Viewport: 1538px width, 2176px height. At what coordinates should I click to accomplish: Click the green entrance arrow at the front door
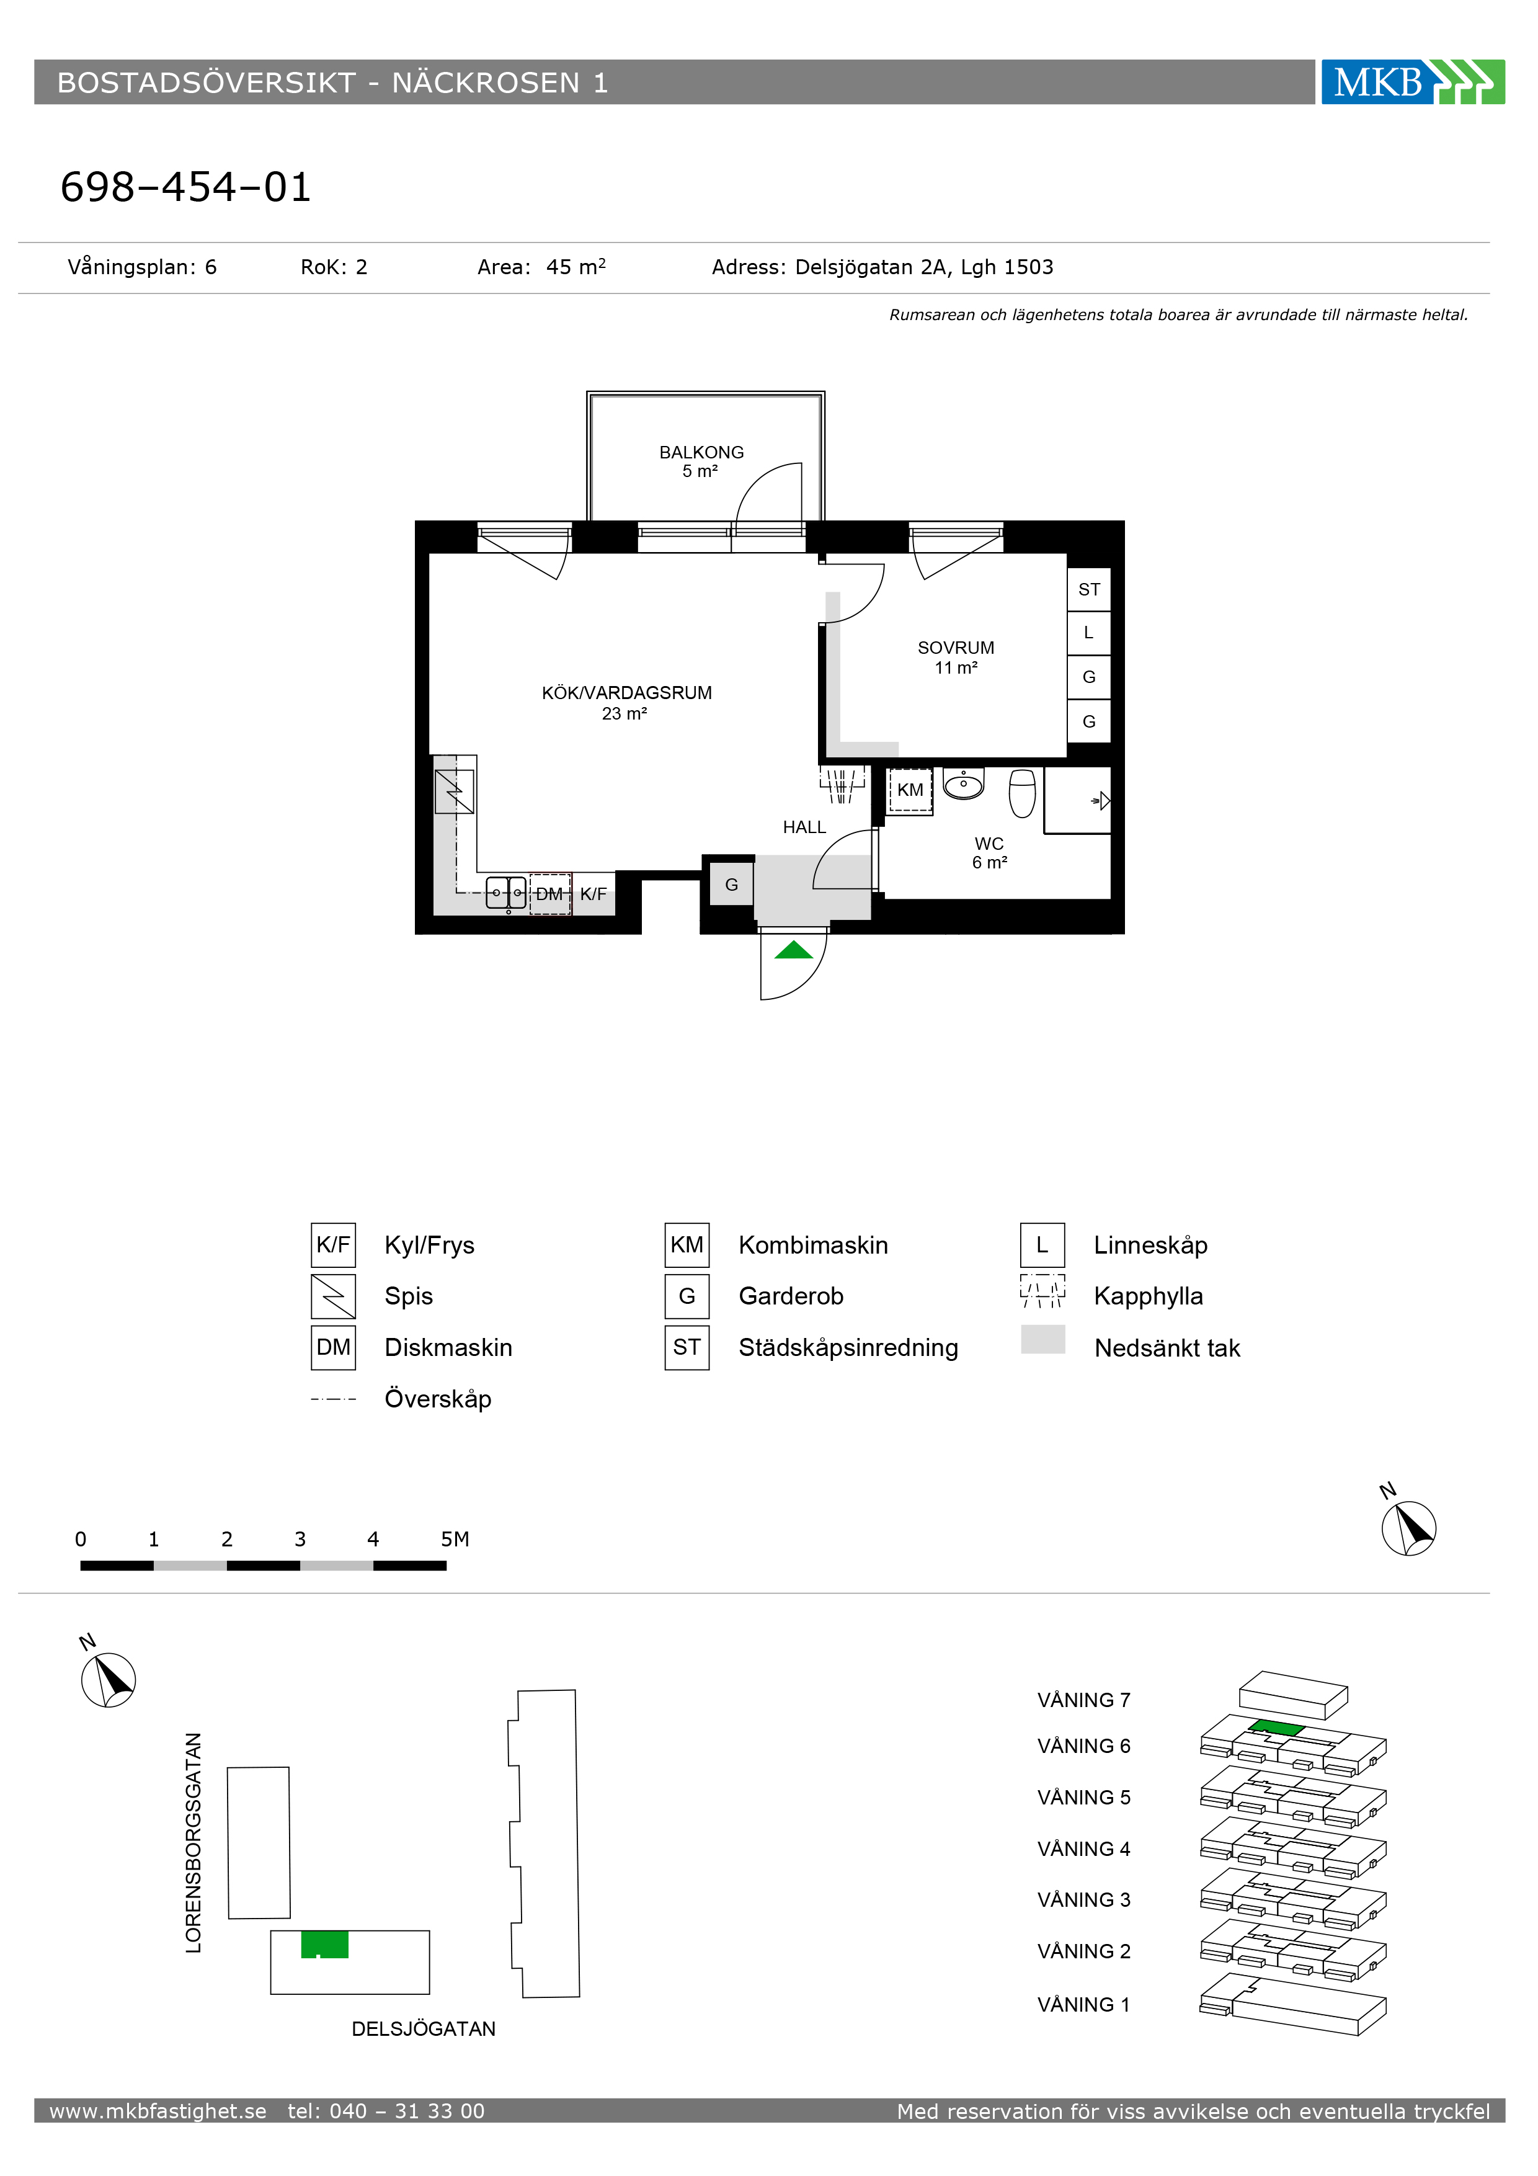click(793, 950)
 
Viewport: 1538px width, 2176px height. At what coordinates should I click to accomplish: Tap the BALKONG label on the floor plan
click(701, 452)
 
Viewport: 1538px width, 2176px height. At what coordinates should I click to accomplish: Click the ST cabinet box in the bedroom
click(1089, 589)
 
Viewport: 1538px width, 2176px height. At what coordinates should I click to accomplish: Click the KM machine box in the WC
click(910, 790)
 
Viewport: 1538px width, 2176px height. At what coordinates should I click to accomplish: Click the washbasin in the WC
click(964, 784)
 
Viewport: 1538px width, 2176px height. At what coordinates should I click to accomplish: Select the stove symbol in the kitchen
click(454, 791)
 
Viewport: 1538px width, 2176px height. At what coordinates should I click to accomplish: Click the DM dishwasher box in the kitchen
click(549, 894)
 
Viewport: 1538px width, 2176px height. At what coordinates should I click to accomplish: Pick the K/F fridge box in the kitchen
click(593, 894)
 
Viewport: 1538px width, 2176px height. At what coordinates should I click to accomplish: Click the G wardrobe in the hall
click(732, 885)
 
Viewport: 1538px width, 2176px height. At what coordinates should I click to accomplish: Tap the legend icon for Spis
click(334, 1296)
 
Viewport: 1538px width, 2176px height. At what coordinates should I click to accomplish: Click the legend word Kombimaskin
click(813, 1246)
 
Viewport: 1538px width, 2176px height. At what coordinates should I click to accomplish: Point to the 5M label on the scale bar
click(455, 1539)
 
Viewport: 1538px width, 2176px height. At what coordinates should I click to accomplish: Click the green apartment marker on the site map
click(325, 1945)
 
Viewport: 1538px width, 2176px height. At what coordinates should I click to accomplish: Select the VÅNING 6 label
click(1084, 1746)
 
